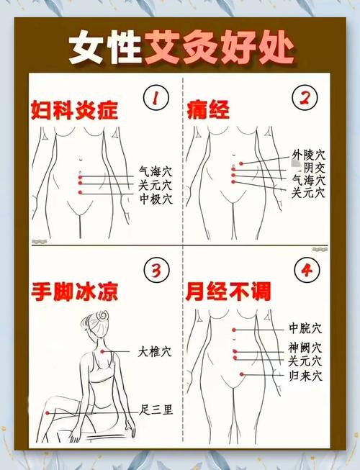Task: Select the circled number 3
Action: pyautogui.click(x=155, y=271)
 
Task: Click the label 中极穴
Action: pyautogui.click(x=156, y=199)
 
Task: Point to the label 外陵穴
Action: pyautogui.click(x=308, y=155)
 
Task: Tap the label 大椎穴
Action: pyautogui.click(x=156, y=352)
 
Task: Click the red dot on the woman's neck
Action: pyautogui.click(x=104, y=351)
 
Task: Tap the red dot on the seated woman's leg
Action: pyautogui.click(x=48, y=413)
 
